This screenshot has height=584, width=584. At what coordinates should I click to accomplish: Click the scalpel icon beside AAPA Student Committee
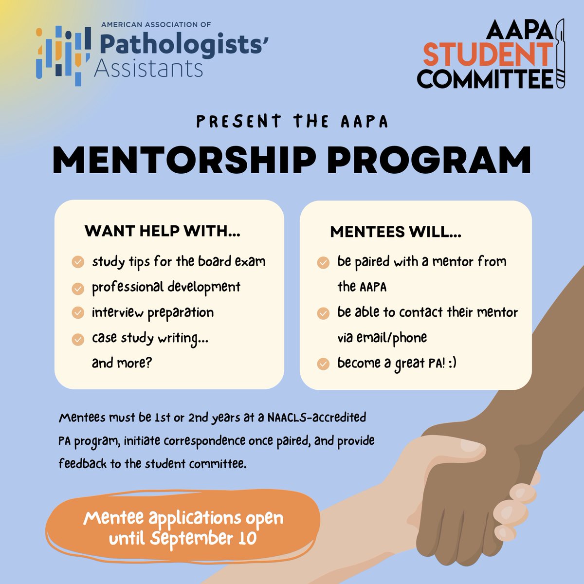pyautogui.click(x=561, y=54)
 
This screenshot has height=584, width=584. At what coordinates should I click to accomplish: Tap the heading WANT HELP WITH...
pyautogui.click(x=163, y=231)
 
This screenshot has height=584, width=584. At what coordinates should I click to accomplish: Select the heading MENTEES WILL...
pyautogui.click(x=396, y=232)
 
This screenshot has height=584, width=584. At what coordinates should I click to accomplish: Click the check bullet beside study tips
pyautogui.click(x=78, y=262)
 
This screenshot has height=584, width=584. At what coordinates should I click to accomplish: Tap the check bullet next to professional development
pyautogui.click(x=78, y=288)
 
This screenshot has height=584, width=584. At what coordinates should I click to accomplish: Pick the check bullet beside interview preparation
pyautogui.click(x=78, y=313)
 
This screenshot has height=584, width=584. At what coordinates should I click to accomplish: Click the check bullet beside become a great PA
pyautogui.click(x=323, y=364)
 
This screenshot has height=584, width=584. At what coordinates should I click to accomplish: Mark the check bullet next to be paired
pyautogui.click(x=323, y=263)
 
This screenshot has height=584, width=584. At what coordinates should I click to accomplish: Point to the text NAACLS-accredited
pyautogui.click(x=317, y=418)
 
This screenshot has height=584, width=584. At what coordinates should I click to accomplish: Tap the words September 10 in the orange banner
pyautogui.click(x=203, y=538)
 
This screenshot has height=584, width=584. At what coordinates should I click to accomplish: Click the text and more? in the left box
pyautogui.click(x=122, y=363)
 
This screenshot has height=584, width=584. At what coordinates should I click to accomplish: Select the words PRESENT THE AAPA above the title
pyautogui.click(x=292, y=122)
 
